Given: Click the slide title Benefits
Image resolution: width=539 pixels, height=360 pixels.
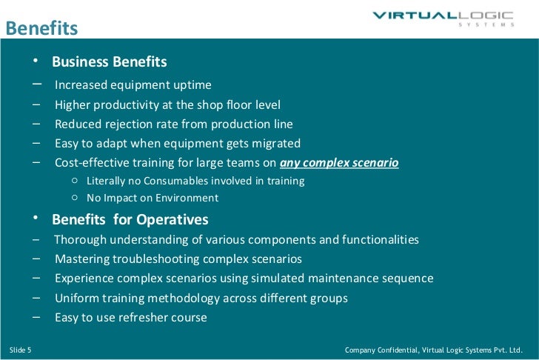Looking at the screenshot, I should (41, 28).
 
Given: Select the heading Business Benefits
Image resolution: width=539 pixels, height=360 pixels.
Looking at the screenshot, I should (110, 61).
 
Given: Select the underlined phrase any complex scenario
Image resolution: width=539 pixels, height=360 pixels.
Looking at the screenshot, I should (339, 162).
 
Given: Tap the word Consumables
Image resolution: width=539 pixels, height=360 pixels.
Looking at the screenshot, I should (170, 181).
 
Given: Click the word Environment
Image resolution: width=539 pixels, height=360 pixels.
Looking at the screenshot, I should (183, 198).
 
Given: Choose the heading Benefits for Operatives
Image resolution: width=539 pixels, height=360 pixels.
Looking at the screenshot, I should (130, 220).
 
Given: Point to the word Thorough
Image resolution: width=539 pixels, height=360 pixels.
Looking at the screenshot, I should (78, 240).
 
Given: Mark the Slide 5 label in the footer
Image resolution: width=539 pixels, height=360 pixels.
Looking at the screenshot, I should (21, 349).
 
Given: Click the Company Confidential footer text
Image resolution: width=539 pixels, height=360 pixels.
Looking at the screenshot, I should (434, 349).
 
